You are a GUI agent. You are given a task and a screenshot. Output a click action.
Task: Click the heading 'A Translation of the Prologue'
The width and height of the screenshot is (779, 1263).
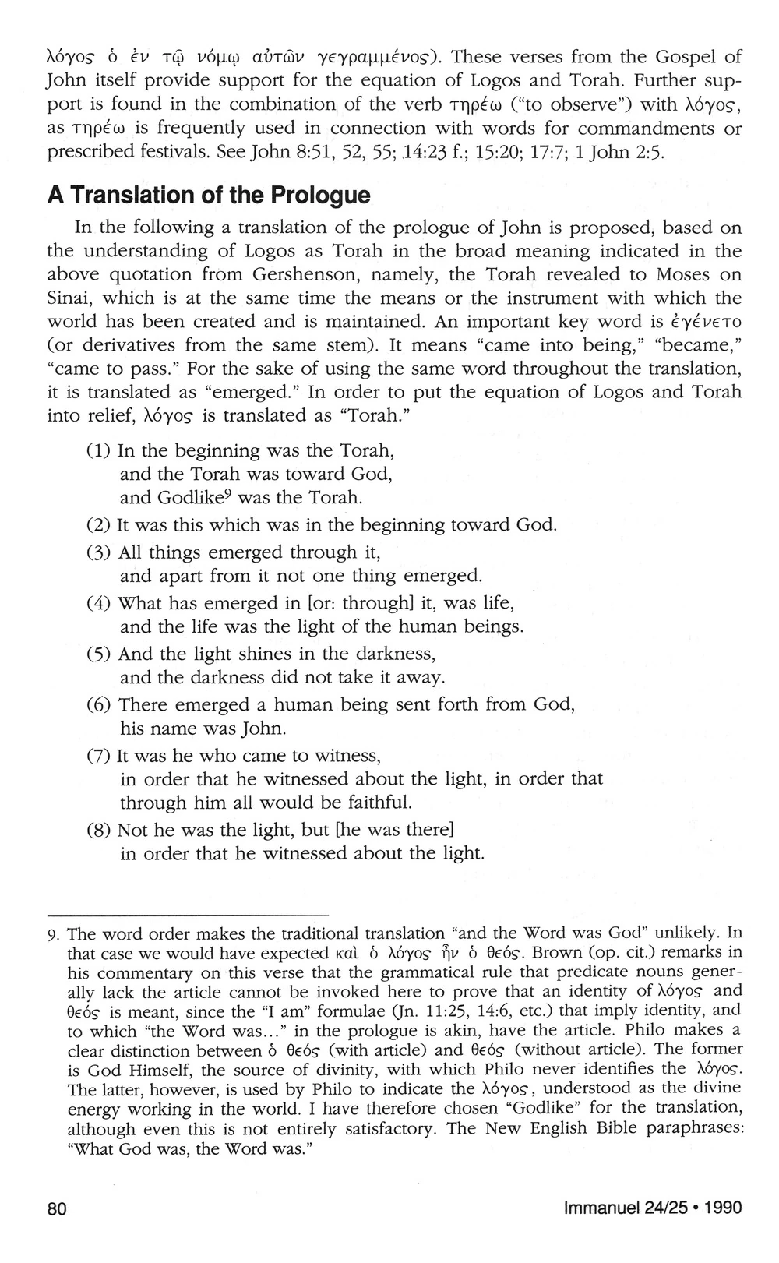click(208, 195)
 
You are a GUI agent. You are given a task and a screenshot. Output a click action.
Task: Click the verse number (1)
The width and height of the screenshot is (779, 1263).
click(99, 451)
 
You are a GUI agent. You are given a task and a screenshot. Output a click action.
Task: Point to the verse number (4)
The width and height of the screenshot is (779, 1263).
click(99, 603)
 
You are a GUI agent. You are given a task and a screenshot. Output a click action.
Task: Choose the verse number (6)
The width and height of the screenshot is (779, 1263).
click(99, 705)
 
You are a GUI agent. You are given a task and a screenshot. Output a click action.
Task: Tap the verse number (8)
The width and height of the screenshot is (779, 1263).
click(99, 829)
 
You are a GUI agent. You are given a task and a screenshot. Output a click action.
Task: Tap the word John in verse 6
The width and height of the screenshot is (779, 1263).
click(244, 730)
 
